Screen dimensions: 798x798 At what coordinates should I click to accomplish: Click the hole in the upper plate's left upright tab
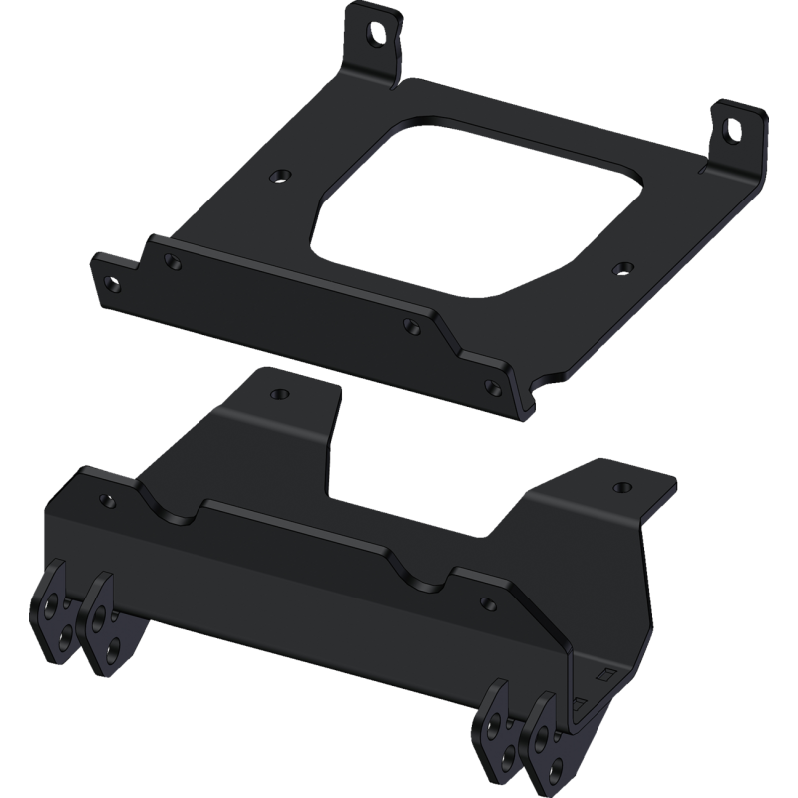click(x=376, y=31)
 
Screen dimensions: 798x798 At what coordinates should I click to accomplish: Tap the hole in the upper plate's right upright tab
click(x=734, y=129)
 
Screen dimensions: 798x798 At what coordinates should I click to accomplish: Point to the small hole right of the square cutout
click(x=624, y=267)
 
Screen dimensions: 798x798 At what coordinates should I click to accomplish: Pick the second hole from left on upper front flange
click(x=174, y=263)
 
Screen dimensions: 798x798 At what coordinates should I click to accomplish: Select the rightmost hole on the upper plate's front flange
click(x=489, y=385)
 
